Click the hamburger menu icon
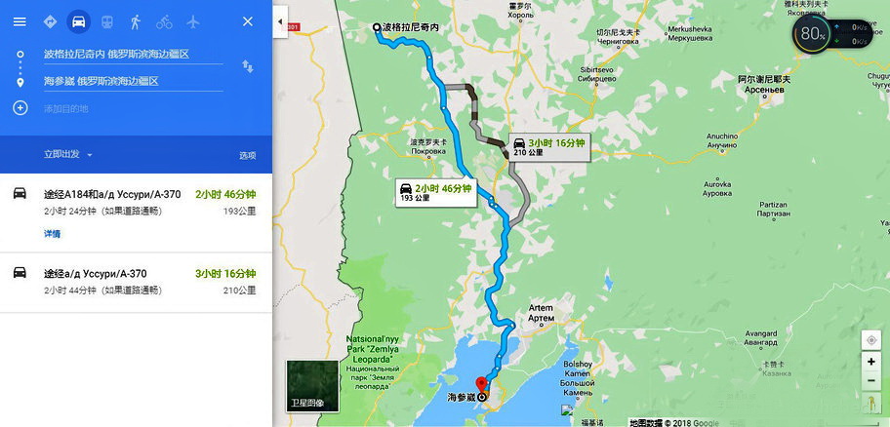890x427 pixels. pyautogui.click(x=20, y=21)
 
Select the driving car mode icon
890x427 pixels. pyautogui.click(x=77, y=21)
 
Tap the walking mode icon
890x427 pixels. pyautogui.click(x=135, y=21)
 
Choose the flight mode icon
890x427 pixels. pyautogui.click(x=192, y=21)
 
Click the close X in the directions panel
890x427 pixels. pyautogui.click(x=247, y=21)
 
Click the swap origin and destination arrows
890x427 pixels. pyautogui.click(x=248, y=66)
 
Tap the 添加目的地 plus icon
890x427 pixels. pyautogui.click(x=20, y=107)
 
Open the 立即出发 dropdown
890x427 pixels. pyautogui.click(x=68, y=154)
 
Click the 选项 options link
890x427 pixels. pyautogui.click(x=248, y=155)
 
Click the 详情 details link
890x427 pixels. pyautogui.click(x=52, y=234)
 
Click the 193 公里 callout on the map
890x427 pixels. pyautogui.click(x=435, y=192)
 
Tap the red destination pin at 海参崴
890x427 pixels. pyautogui.click(x=479, y=383)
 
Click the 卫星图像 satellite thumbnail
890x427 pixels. pyautogui.click(x=311, y=386)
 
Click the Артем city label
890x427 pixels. pyautogui.click(x=540, y=313)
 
